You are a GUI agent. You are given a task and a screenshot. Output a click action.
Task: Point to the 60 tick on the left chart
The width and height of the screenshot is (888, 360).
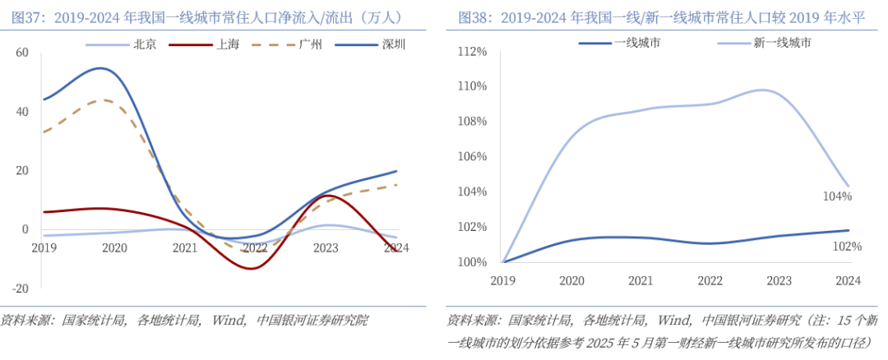(22, 53)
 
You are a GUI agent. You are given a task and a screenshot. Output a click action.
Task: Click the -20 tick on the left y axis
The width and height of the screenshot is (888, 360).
(21, 289)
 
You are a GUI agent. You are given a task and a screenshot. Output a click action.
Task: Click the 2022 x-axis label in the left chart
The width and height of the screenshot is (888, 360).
(255, 247)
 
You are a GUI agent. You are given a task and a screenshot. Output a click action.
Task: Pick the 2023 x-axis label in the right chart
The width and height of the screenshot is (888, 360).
(779, 280)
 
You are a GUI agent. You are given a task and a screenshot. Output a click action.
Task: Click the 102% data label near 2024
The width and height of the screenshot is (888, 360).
(846, 246)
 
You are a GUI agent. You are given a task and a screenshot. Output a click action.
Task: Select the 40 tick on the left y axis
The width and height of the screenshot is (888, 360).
(22, 112)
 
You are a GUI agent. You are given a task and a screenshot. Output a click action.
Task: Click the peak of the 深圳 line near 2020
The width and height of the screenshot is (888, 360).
(100, 68)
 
